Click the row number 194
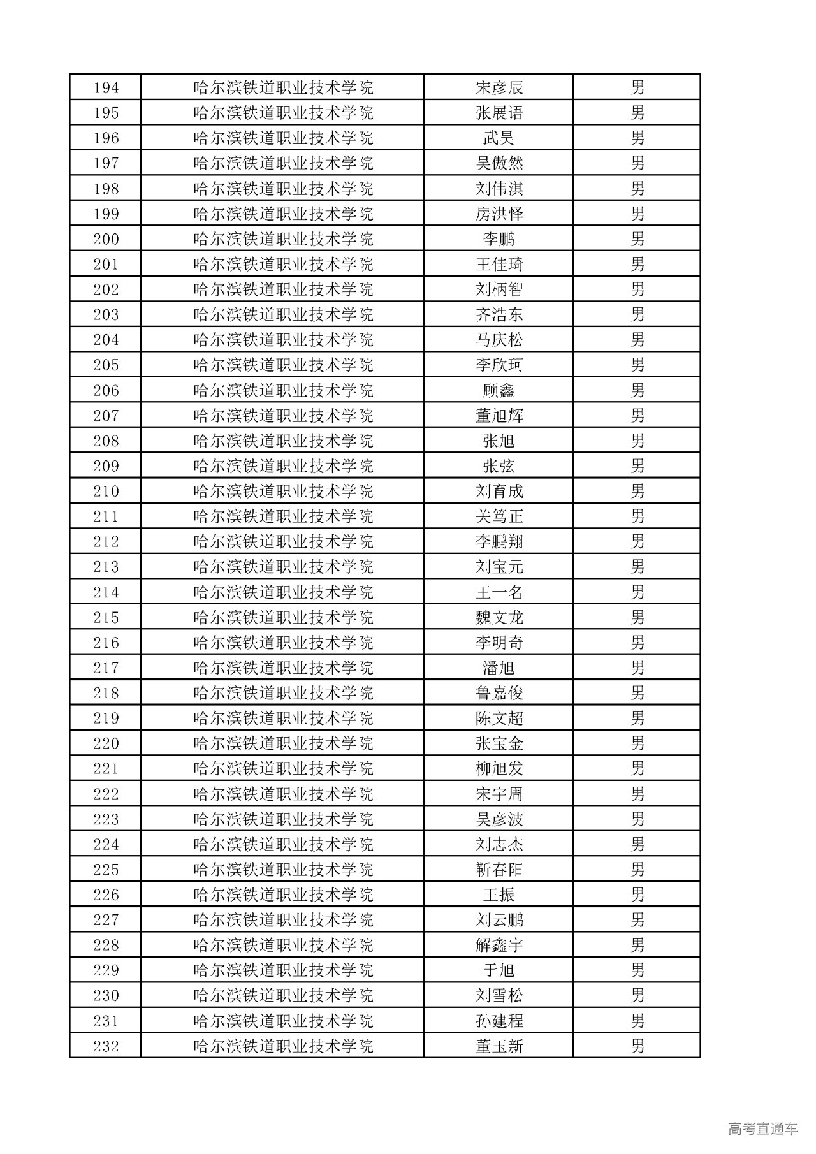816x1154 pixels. coord(106,87)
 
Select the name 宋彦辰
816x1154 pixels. coord(499,87)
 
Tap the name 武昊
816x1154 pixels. coord(499,138)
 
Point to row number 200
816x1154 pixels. coord(106,239)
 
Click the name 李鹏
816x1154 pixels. coord(499,239)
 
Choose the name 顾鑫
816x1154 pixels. coord(499,390)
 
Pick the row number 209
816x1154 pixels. coord(106,466)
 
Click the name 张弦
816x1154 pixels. coord(499,466)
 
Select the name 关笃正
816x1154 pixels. coord(499,516)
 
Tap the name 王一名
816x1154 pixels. coord(499,592)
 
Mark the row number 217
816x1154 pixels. coord(106,668)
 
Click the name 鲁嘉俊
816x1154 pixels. coord(499,693)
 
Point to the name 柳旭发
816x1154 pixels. coord(499,769)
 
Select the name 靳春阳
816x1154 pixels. coord(499,870)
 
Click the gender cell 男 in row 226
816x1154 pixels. coord(637,895)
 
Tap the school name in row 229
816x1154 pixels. coord(283,970)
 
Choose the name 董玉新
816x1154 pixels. coord(499,1046)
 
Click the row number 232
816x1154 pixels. coord(106,1046)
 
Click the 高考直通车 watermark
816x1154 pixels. coord(762,1128)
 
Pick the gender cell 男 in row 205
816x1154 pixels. coord(637,365)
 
